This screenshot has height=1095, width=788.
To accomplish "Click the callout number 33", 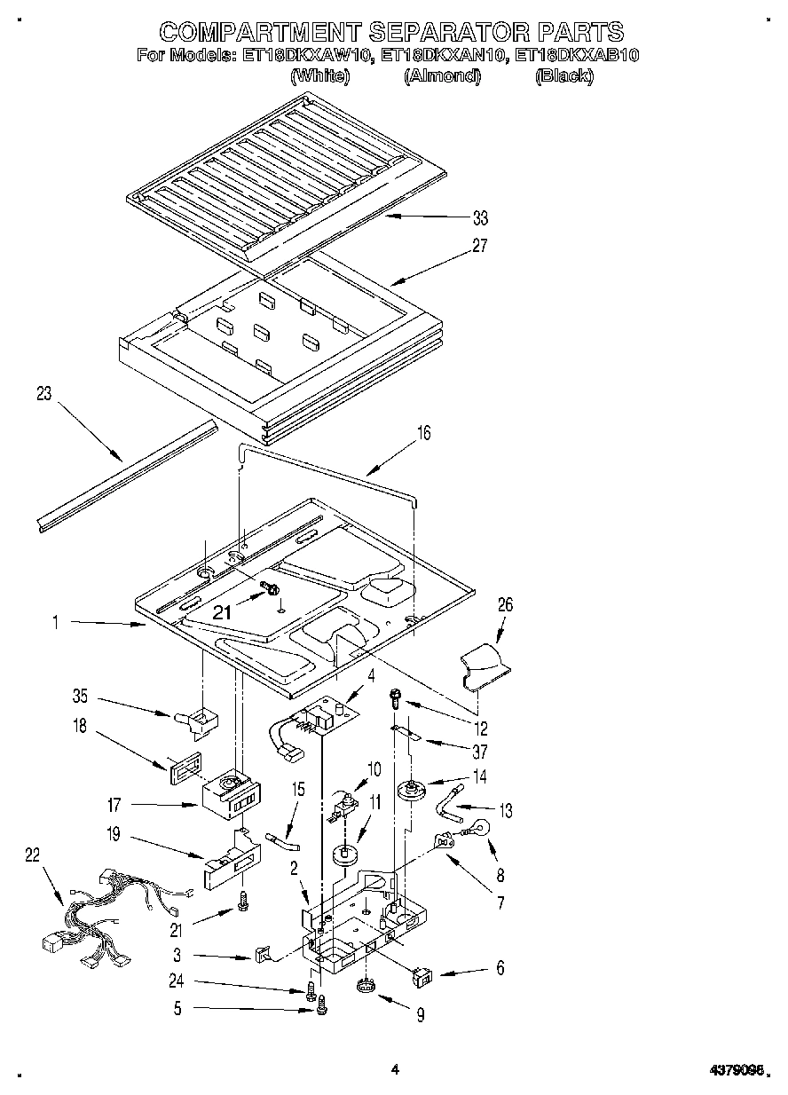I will (x=480, y=217).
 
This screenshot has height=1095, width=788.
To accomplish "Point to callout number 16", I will (x=424, y=433).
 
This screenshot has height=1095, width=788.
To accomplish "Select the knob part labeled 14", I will (x=410, y=788).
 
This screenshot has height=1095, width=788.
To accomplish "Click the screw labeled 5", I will (x=321, y=1006).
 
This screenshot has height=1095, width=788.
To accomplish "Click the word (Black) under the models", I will (x=563, y=76).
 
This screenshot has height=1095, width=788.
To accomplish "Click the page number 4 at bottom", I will (x=395, y=1070).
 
